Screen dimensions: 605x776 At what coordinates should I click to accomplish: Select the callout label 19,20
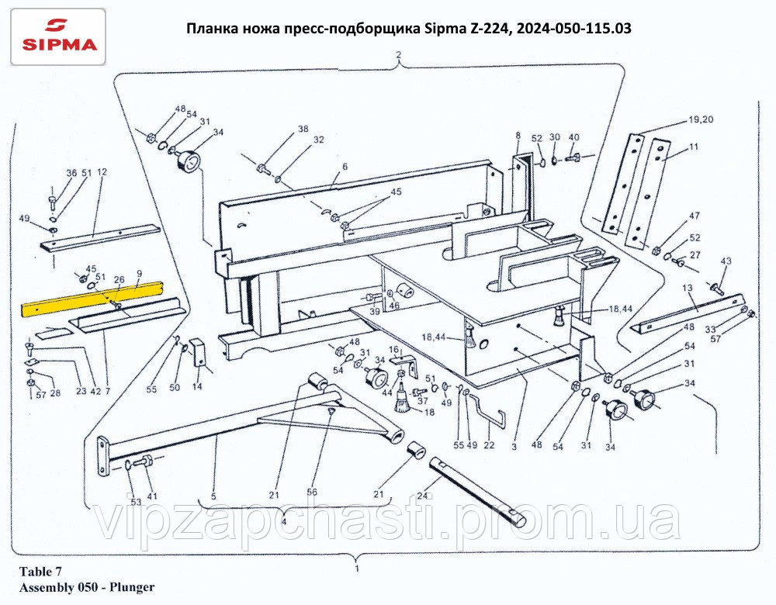[700, 120]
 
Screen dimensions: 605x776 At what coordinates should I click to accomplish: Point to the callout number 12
[101, 172]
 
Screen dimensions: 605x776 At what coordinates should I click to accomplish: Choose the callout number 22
[489, 445]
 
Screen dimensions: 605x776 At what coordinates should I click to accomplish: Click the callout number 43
[726, 261]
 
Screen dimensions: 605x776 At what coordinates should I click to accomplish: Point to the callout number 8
[518, 137]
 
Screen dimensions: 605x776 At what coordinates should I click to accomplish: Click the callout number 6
[345, 167]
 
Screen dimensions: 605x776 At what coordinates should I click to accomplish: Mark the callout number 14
[197, 386]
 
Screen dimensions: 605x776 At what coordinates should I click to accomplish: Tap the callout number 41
[152, 496]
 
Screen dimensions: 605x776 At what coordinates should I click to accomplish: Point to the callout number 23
[81, 391]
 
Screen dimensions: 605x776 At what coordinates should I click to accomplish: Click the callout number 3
[514, 447]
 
